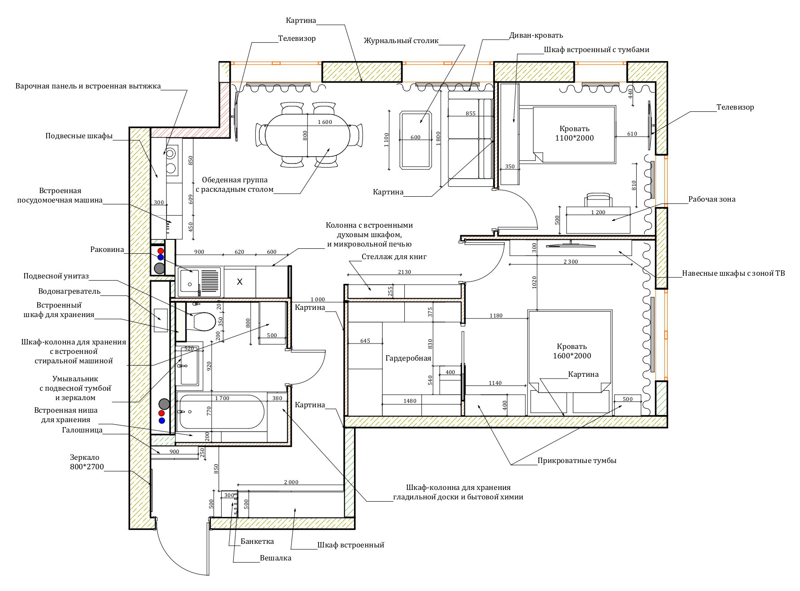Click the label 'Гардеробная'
408,358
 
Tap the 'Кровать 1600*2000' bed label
572,351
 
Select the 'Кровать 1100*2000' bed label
574,133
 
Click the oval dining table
307,135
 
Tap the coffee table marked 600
415,140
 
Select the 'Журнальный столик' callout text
401,40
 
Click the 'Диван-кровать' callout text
536,35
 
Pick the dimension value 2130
404,272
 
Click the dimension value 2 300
571,261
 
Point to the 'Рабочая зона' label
712,199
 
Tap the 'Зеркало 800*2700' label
87,462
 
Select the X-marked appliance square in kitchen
240,282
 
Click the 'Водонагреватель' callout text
69,291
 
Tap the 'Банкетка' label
257,541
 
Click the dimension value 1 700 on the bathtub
222,398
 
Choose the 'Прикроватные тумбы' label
577,460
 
